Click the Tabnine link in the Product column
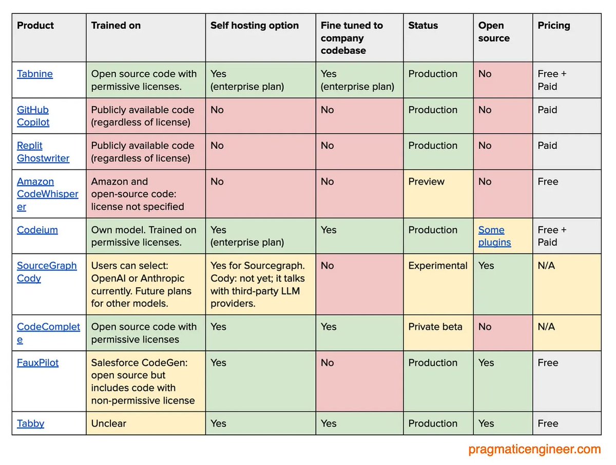pyautogui.click(x=35, y=74)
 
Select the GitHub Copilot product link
pyautogui.click(x=33, y=116)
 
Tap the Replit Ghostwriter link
pyautogui.click(x=43, y=152)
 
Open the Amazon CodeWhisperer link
pyautogui.click(x=47, y=194)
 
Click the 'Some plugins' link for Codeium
pyautogui.click(x=494, y=236)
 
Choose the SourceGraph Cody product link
pyautogui.click(x=47, y=272)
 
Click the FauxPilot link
pyautogui.click(x=38, y=362)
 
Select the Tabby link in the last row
pyautogui.click(x=31, y=423)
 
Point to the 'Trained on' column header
pyautogui.click(x=116, y=26)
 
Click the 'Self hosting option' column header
pyautogui.click(x=255, y=26)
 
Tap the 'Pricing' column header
pyautogui.click(x=554, y=26)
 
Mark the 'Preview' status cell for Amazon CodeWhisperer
pyautogui.click(x=427, y=181)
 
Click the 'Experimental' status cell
pyautogui.click(x=438, y=266)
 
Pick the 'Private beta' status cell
pyautogui.click(x=435, y=327)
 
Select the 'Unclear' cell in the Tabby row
pyautogui.click(x=109, y=423)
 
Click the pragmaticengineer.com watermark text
pyautogui.click(x=534, y=450)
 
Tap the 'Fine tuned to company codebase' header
pyautogui.click(x=352, y=38)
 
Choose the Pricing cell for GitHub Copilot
pyautogui.click(x=547, y=110)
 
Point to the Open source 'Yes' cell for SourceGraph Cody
pyautogui.click(x=486, y=266)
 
